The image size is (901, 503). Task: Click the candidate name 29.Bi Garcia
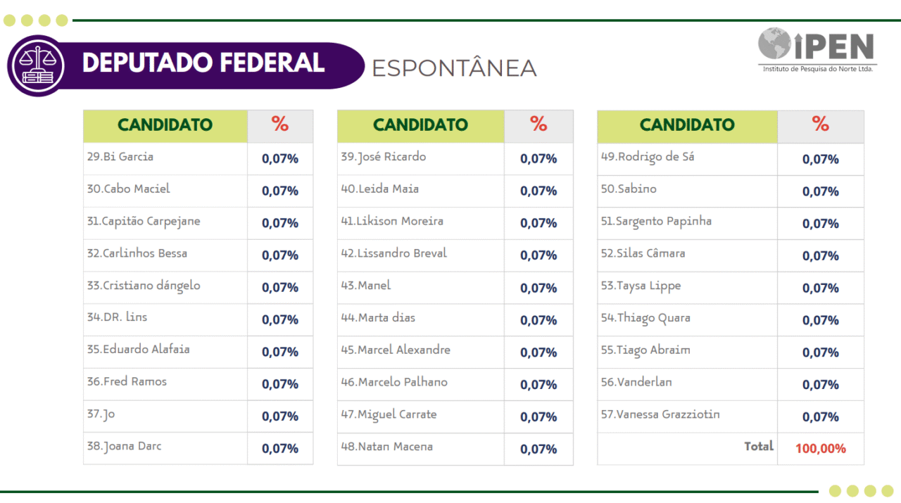pos(120,157)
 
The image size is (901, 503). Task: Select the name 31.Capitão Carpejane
pos(144,221)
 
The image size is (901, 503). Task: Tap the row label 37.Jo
pos(101,414)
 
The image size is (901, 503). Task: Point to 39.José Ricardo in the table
pos(384,157)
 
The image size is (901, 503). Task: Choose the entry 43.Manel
pos(366,286)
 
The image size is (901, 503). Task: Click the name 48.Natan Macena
pos(387,447)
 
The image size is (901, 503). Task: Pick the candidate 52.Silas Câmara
pos(643,253)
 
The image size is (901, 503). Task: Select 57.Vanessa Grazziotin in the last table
pos(660,414)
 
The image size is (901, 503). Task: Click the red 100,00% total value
pos(821,448)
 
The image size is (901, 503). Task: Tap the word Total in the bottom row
pos(759,446)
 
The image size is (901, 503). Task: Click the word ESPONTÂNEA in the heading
pos(454,68)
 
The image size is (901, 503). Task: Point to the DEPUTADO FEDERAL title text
pos(203,63)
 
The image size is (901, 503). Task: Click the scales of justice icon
pos(36,65)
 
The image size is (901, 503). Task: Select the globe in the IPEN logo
pos(774,44)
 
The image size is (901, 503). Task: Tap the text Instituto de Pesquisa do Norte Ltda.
pos(818,69)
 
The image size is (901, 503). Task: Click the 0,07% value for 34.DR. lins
pos(280,319)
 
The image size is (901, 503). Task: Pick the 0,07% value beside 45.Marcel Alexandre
pos(538,352)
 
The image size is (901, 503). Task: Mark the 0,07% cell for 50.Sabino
pos(821,191)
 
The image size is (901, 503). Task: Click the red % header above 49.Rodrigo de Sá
pos(821,125)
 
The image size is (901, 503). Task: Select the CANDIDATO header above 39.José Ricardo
pos(420,125)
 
